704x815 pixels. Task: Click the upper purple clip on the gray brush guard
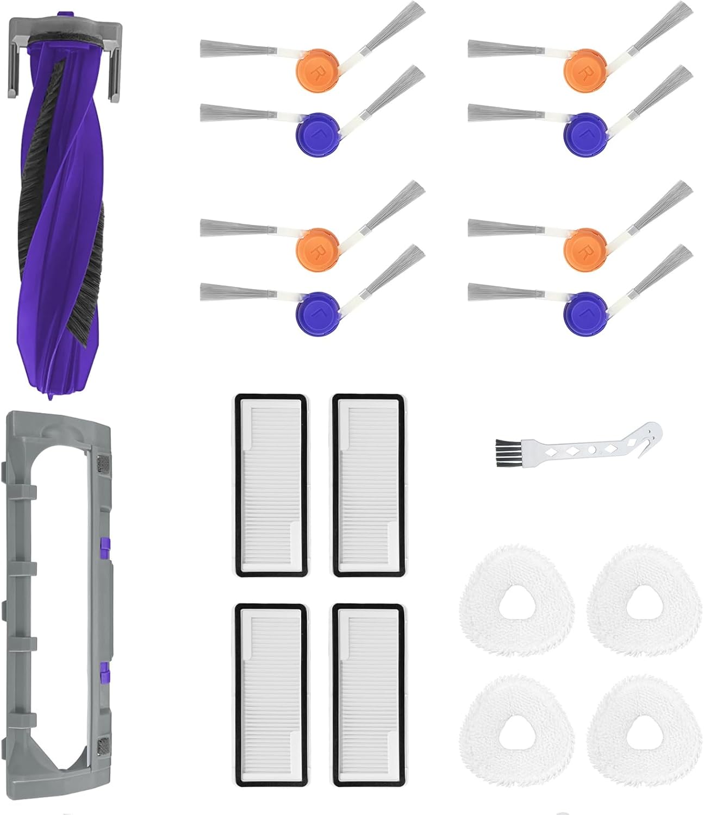pos(103,542)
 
